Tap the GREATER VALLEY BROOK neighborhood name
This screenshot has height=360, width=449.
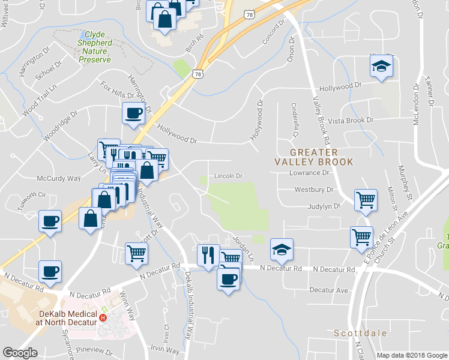coord(314,157)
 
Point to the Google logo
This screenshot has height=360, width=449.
coord(20,353)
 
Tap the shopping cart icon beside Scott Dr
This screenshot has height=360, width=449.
coord(136,253)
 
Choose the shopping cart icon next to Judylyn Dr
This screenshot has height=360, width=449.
coord(365,199)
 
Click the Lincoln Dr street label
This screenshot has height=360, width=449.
coord(229,176)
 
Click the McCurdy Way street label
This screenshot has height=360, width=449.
coord(58,179)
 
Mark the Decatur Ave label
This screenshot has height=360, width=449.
coord(329,290)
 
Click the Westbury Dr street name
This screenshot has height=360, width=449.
coord(313,190)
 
